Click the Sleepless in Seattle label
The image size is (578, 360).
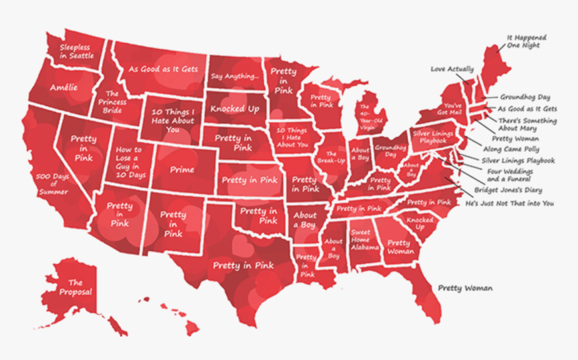point(77,52)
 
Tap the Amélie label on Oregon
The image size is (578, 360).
point(63,88)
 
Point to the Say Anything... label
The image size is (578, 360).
point(235,77)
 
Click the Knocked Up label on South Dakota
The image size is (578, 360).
point(235,109)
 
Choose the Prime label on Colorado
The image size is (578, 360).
point(182,170)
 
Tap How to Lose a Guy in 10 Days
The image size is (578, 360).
point(129,163)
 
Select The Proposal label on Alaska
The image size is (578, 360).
point(75,287)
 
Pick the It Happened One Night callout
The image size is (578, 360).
point(526,42)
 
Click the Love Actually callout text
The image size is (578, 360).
point(452,69)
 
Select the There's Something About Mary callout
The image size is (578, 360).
point(527,124)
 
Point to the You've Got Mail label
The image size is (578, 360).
point(452,109)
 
